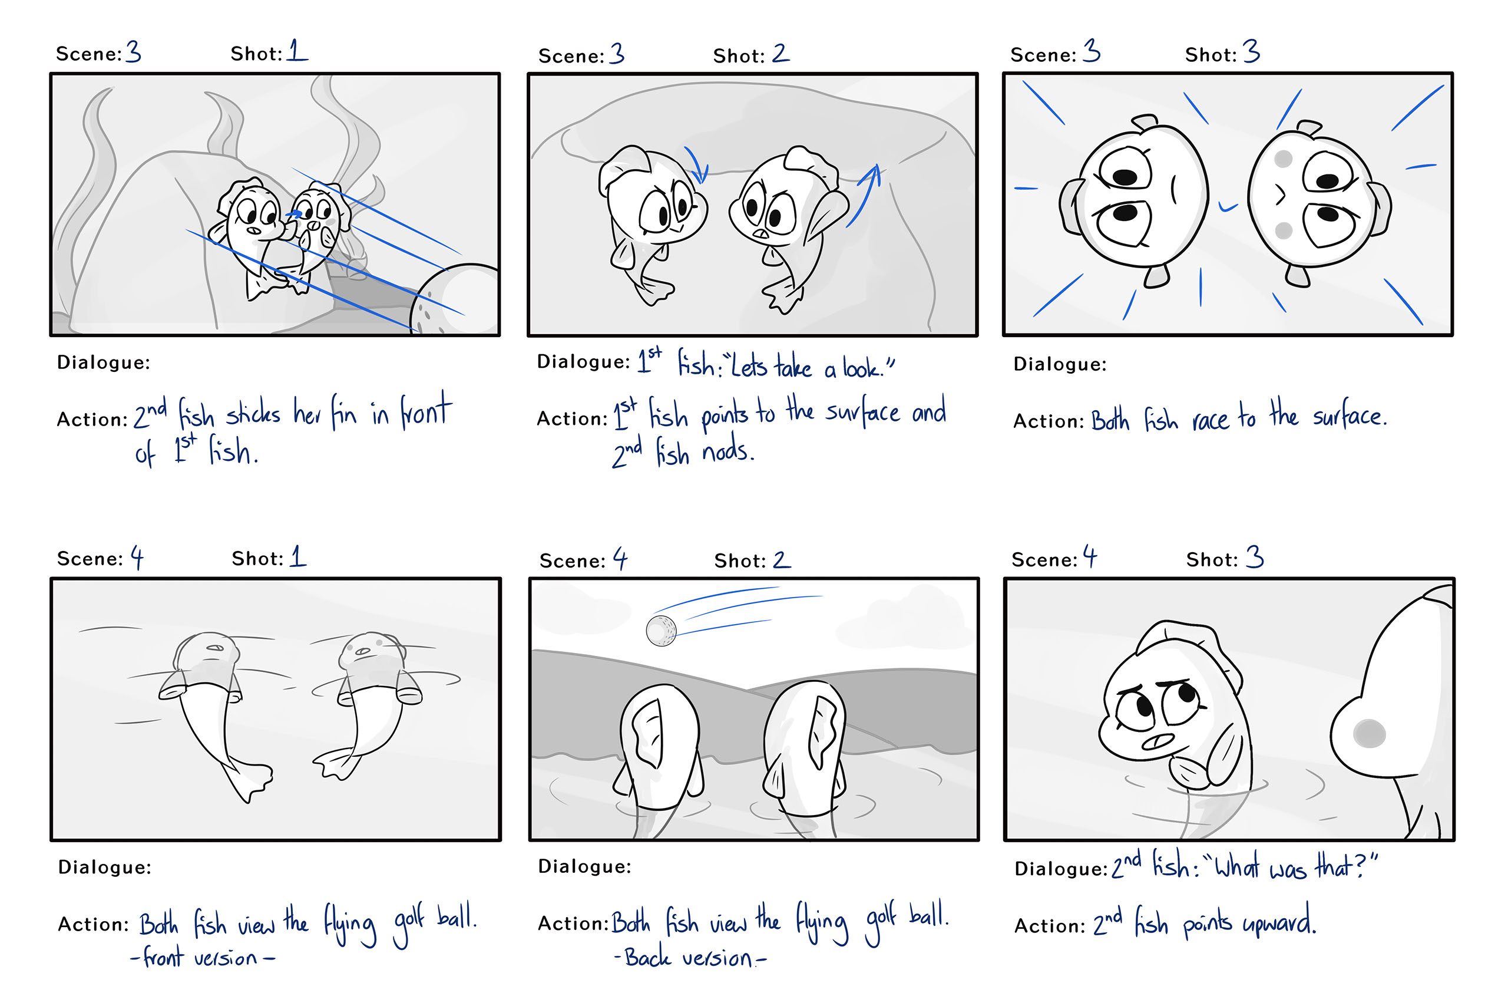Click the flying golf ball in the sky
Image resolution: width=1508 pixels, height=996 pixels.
[661, 630]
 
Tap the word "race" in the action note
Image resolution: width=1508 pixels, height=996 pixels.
[1210, 420]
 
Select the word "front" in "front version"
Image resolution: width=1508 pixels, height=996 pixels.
[163, 957]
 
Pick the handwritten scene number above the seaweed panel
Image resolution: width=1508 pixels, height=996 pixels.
[133, 51]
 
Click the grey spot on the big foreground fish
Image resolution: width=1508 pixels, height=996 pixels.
[1370, 734]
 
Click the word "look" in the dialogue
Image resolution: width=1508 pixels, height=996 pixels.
[862, 368]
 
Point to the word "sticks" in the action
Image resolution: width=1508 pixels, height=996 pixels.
[253, 413]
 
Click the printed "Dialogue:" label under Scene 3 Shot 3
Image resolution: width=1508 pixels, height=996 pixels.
[1060, 364]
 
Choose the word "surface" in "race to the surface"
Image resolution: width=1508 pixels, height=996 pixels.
[1350, 416]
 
